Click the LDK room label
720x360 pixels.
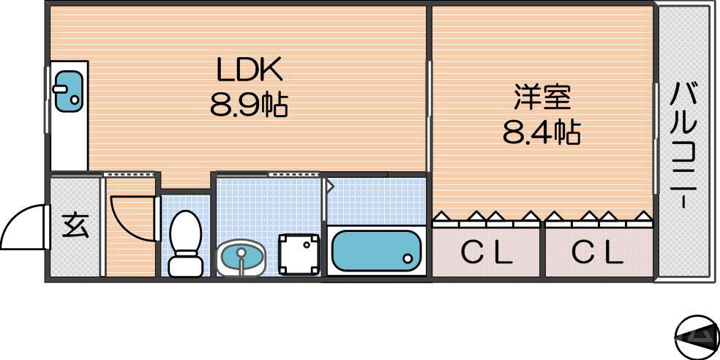point(248,70)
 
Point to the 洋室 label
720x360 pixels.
point(541,97)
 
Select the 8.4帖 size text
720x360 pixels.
point(541,132)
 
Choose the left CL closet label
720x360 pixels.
point(487,253)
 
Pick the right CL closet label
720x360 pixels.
point(598,253)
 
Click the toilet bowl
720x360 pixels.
point(184,232)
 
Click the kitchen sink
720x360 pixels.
point(68,92)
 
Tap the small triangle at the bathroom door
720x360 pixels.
point(329,187)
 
